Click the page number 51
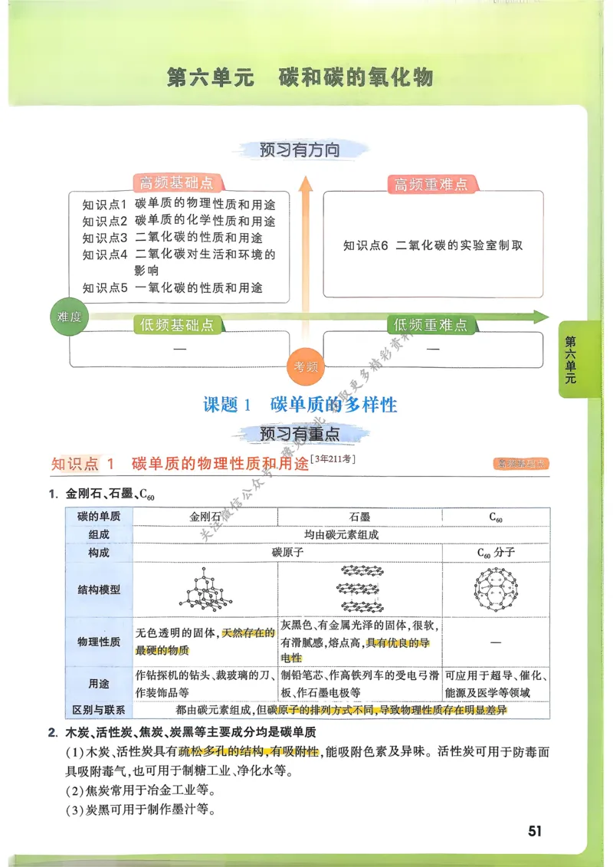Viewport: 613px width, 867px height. pyautogui.click(x=534, y=831)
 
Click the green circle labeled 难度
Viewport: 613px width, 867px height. pyautogui.click(x=70, y=317)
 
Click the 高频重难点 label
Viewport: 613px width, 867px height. pyautogui.click(x=431, y=184)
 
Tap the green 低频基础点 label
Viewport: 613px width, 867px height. pyautogui.click(x=177, y=325)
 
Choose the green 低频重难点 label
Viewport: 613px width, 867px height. pyautogui.click(x=431, y=325)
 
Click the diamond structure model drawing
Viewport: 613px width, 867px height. pyautogui.click(x=203, y=589)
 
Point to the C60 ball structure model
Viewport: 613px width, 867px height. pyautogui.click(x=495, y=589)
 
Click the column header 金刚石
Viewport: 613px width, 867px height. pyautogui.click(x=204, y=517)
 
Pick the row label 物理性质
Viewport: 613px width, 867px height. pyautogui.click(x=99, y=642)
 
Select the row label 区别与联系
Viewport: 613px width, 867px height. pyautogui.click(x=99, y=710)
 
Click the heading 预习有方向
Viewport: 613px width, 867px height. pyautogui.click(x=300, y=150)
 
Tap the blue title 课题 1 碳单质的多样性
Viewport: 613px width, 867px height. pyautogui.click(x=300, y=405)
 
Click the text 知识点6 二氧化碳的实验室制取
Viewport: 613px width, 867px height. pyautogui.click(x=433, y=245)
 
